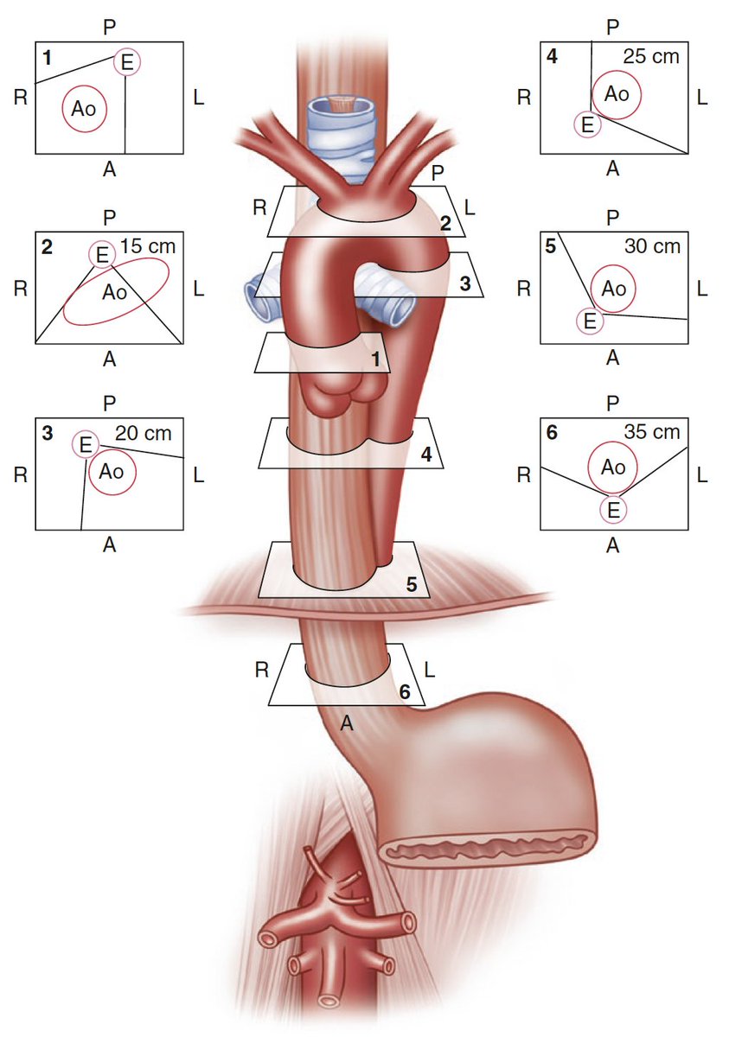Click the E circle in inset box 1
127,62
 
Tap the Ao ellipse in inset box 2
115,291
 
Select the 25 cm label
651,57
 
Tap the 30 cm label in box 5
651,246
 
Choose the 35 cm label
651,432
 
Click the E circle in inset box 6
612,510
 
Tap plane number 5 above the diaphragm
412,583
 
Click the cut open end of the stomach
490,849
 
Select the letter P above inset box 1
109,27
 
